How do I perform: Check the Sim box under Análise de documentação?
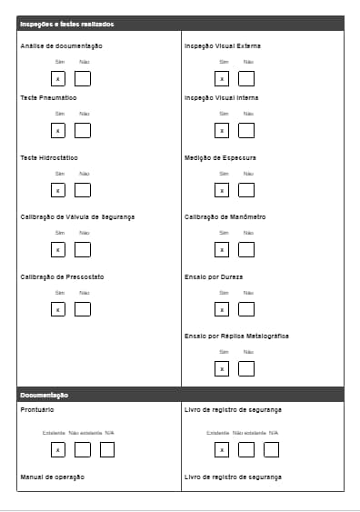[x=58, y=78]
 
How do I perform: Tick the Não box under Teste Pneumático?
[x=83, y=130]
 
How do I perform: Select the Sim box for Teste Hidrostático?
[x=58, y=190]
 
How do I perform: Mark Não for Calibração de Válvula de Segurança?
[x=83, y=249]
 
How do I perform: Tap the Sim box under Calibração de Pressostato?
[x=58, y=309]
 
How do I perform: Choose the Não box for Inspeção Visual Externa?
[x=246, y=78]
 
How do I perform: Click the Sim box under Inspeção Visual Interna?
[x=221, y=130]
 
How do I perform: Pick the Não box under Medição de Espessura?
[x=246, y=190]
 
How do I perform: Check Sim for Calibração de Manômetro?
[x=221, y=249]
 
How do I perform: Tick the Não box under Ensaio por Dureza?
[x=246, y=309]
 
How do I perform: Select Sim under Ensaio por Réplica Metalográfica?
[x=221, y=368]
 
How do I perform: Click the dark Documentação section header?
[x=45, y=395]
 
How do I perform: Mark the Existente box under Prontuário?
[x=57, y=449]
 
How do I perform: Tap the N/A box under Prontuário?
[x=107, y=449]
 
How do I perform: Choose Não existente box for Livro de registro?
[x=246, y=449]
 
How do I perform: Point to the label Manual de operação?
[x=52, y=477]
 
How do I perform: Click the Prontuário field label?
[x=36, y=410]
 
